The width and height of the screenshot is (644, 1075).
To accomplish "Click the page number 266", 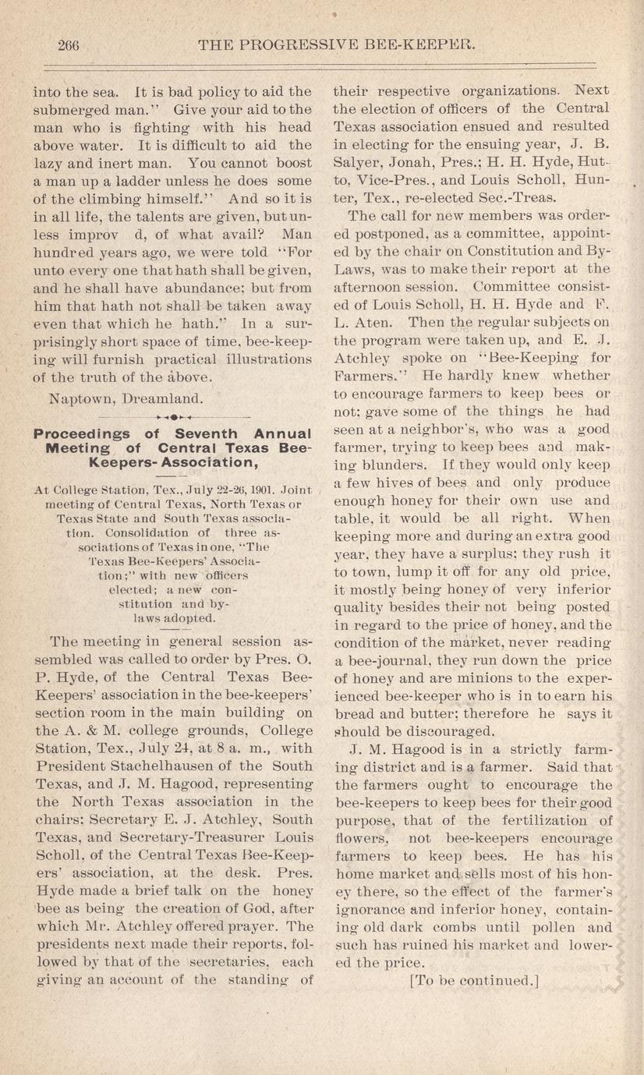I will [x=69, y=45].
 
